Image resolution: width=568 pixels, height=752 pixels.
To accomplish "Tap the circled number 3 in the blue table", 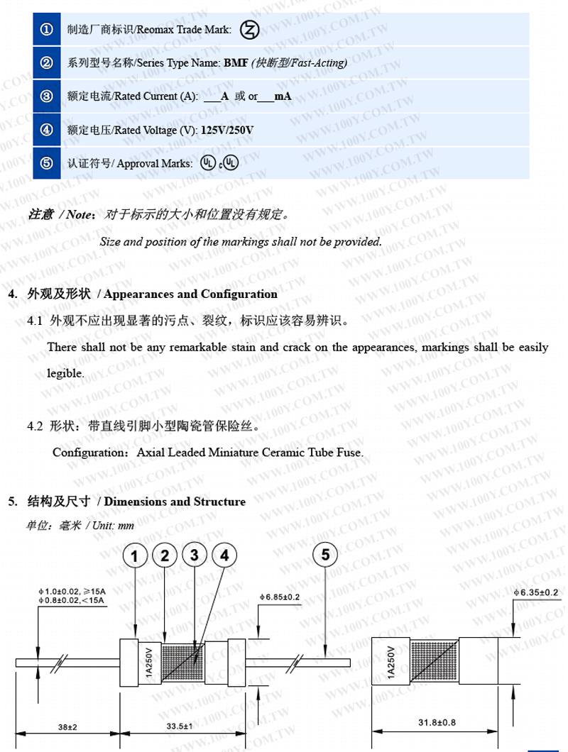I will coord(47,96).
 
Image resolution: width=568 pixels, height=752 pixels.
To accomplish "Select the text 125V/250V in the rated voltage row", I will coord(227,131).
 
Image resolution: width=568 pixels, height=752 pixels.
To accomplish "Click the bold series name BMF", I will coord(236,63).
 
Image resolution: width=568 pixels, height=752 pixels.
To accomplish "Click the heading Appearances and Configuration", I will coord(187,294).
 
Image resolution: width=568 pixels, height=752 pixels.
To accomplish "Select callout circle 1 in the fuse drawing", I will coord(135,556).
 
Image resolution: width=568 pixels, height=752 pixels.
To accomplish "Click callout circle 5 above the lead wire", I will coord(324,555).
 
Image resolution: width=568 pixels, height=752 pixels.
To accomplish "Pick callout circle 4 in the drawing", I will coord(224,555).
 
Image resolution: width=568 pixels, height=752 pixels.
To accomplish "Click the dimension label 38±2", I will coord(67,726).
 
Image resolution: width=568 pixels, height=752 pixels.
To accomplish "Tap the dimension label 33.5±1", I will coord(174,726).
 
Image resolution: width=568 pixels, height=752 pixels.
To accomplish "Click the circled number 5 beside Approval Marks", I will coord(47,163).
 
